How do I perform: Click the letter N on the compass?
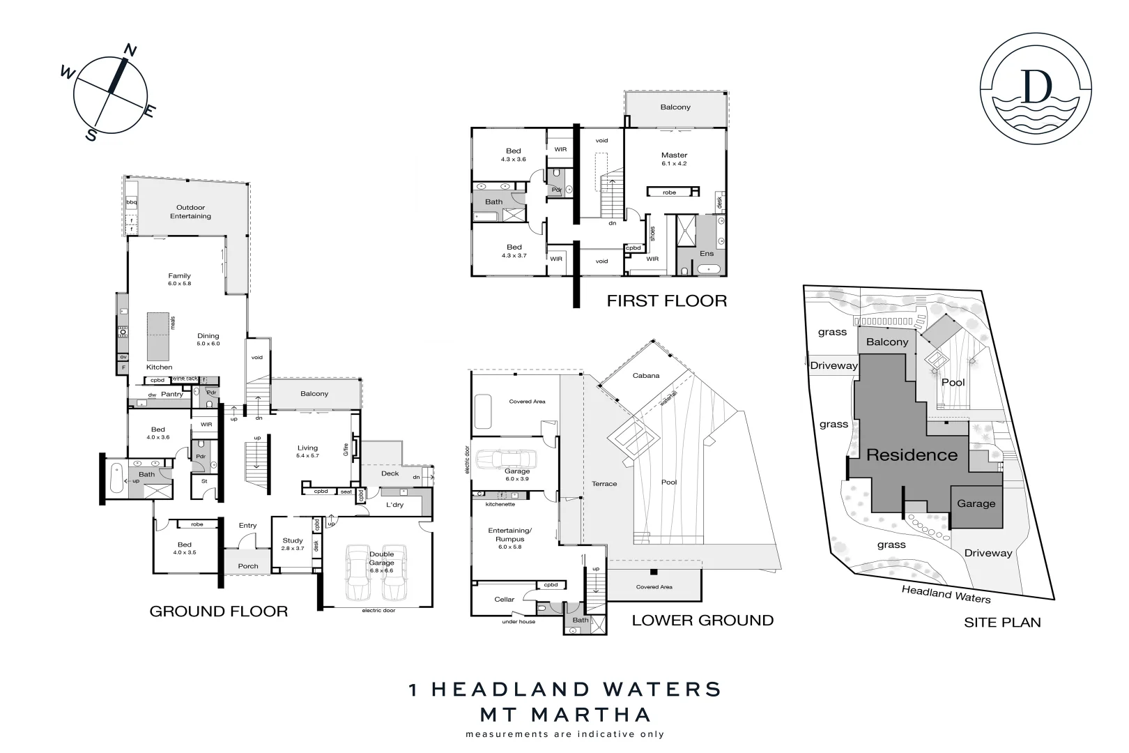tap(130, 50)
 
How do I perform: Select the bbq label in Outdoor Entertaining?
tap(131, 202)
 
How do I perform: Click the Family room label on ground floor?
tap(179, 276)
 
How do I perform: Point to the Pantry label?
tap(171, 395)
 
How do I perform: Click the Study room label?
tap(293, 540)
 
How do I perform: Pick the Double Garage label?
tap(381, 558)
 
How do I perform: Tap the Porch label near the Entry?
tap(248, 566)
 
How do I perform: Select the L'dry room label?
tap(394, 505)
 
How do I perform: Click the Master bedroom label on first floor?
tap(674, 155)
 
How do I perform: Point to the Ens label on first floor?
tap(707, 254)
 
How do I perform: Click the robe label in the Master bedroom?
tap(669, 192)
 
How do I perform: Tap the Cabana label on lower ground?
tap(645, 376)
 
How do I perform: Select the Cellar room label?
tap(505, 600)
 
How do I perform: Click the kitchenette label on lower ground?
tap(500, 504)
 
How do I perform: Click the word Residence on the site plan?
tap(912, 455)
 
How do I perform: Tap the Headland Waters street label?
tap(946, 594)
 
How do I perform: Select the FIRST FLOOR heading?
tap(666, 301)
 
